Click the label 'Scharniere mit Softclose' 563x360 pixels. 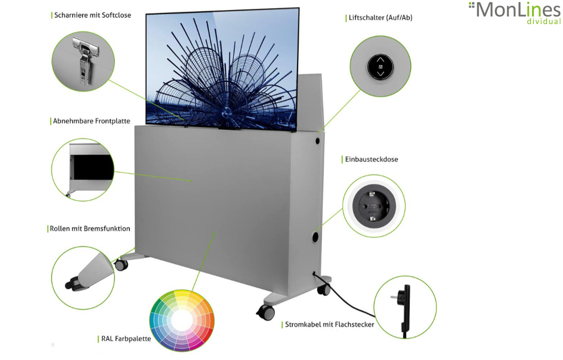[92, 15]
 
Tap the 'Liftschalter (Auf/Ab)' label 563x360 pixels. [380, 18]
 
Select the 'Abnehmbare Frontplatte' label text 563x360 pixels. [91, 121]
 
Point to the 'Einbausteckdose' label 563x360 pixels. [371, 160]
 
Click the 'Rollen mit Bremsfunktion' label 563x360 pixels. [90, 229]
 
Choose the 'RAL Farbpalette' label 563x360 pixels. [126, 338]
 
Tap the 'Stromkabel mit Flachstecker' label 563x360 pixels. [329, 324]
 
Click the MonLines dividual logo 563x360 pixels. [515, 13]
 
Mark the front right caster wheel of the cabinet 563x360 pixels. [266, 312]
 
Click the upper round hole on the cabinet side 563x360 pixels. [318, 140]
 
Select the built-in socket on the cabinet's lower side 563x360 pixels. [314, 237]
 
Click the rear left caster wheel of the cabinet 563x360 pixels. [121, 264]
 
